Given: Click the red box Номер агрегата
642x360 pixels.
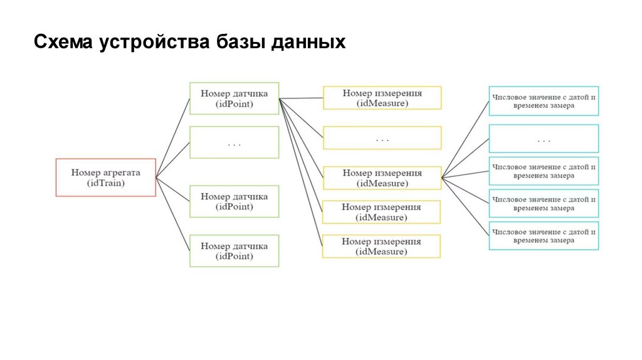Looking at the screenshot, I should (x=105, y=177).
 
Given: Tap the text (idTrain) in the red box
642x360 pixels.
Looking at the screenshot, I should (x=105, y=183).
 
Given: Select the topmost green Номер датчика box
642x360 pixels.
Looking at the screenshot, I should (x=234, y=98).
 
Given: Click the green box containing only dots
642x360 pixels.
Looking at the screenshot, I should (x=234, y=142).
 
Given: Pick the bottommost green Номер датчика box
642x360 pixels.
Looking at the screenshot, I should (x=234, y=251).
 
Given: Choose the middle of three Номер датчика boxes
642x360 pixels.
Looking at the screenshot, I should (x=234, y=201).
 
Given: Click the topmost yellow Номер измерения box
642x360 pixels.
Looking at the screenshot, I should (x=382, y=98).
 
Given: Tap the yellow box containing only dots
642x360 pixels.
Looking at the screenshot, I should (x=382, y=138).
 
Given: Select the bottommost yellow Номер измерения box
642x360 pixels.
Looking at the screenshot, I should (x=382, y=246).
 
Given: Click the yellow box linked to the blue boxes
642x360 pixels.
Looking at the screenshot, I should (x=382, y=178).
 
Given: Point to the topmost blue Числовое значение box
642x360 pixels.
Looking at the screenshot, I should (x=543, y=101).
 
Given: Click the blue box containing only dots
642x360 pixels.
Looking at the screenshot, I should (x=543, y=139).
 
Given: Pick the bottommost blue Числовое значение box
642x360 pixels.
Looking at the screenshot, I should (x=543, y=236).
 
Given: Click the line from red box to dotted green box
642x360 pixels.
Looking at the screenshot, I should (x=173, y=159).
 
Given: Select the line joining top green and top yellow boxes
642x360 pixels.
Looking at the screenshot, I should (x=301, y=98).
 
